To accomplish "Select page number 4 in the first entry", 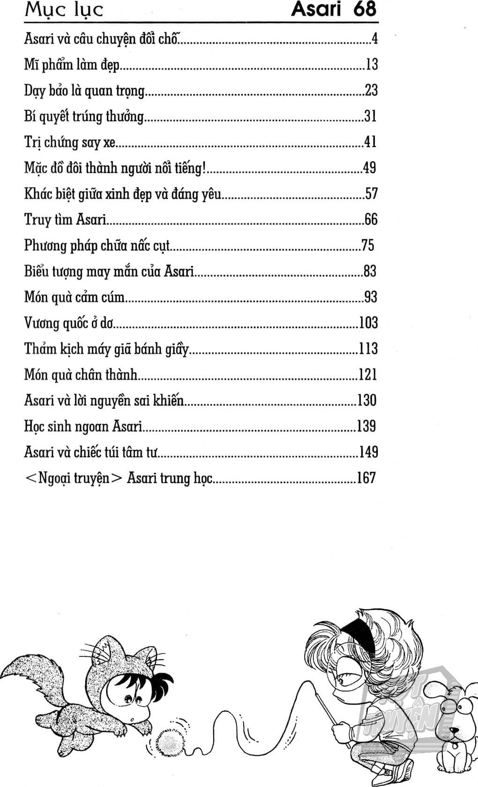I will pyautogui.click(x=374, y=38).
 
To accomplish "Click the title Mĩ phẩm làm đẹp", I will pyautogui.click(x=72, y=65).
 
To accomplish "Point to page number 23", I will pyautogui.click(x=371, y=90).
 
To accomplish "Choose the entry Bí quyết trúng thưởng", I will pyautogui.click(x=84, y=116).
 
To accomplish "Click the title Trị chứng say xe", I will pyautogui.click(x=69, y=142).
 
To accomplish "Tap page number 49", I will pyautogui.click(x=369, y=168).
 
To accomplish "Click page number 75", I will pyautogui.click(x=368, y=245).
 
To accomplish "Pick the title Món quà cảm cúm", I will pyautogui.click(x=75, y=297).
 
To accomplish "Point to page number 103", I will pyautogui.click(x=368, y=323).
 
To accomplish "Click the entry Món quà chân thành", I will pyautogui.click(x=81, y=374).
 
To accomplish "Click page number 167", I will pyautogui.click(x=366, y=478).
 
